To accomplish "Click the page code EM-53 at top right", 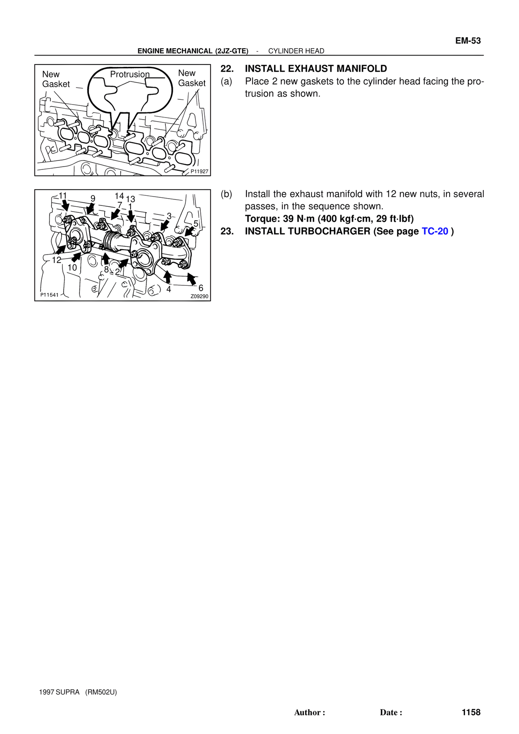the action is click(x=468, y=41).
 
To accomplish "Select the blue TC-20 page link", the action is click(x=435, y=231).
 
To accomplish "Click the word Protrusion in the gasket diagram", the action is click(x=130, y=74).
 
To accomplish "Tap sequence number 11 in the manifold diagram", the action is click(x=63, y=196).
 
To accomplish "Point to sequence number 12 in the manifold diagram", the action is click(x=56, y=260).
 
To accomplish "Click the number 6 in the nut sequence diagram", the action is click(x=201, y=288).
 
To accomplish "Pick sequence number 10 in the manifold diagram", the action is click(x=72, y=267).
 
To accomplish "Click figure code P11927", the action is click(x=199, y=171).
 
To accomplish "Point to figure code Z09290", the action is click(x=199, y=296).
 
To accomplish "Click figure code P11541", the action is click(x=49, y=295).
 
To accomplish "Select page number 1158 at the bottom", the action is click(x=471, y=712).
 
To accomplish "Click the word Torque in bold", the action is click(x=259, y=219).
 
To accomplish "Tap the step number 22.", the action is click(x=227, y=69).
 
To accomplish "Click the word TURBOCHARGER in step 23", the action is click(x=329, y=231).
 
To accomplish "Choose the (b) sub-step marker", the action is click(x=226, y=194).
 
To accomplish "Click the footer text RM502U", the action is click(x=101, y=692).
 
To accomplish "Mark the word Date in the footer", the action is click(x=389, y=713).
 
